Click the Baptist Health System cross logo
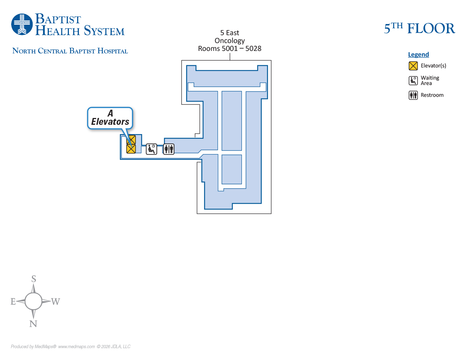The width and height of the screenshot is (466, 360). click(22, 24)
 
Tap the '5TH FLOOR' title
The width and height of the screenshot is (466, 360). click(419, 28)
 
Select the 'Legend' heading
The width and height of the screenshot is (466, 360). click(418, 55)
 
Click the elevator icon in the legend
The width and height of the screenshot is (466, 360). click(413, 66)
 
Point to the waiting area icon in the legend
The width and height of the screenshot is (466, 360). click(413, 80)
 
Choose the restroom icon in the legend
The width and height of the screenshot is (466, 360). click(413, 95)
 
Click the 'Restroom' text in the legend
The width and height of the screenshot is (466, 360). click(432, 95)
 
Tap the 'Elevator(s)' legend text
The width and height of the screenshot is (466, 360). click(433, 66)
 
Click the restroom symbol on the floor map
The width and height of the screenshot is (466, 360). click(169, 149)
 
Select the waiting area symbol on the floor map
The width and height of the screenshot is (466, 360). click(151, 149)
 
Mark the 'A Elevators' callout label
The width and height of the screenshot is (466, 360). click(110, 118)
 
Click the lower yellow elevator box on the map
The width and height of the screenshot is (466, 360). click(131, 149)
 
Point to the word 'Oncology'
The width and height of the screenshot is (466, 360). click(230, 41)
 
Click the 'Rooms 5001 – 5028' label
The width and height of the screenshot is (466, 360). click(230, 48)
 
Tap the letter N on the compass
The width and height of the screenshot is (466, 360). click(33, 324)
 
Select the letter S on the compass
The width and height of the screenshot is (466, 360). click(34, 279)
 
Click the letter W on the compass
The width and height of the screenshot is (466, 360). click(55, 302)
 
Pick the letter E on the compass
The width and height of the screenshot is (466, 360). click(13, 302)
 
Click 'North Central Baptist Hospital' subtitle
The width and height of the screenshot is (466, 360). click(70, 51)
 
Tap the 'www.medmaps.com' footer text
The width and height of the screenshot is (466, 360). click(76, 347)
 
